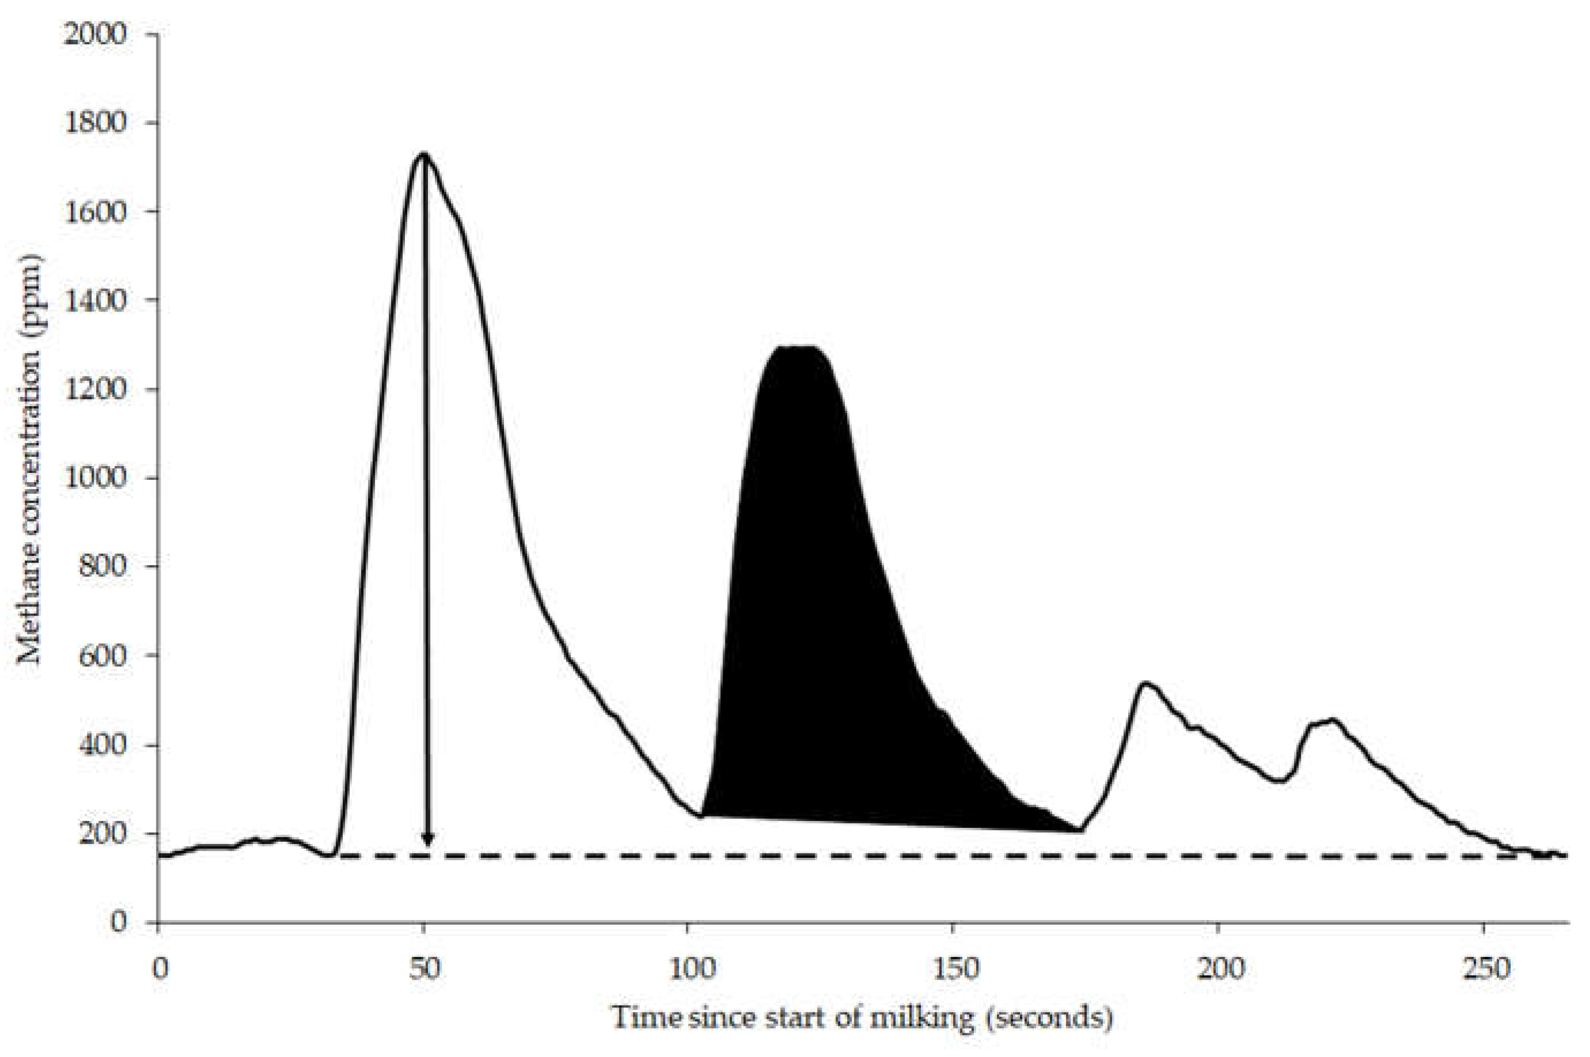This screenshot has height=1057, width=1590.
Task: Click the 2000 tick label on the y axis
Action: pyautogui.click(x=95, y=34)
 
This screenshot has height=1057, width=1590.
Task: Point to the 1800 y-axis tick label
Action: pyautogui.click(x=95, y=123)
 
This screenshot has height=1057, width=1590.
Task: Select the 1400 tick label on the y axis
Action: pyautogui.click(x=95, y=301)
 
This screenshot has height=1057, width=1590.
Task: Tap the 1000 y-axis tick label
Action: pyautogui.click(x=95, y=478)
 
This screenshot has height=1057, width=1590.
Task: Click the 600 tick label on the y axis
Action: pyautogui.click(x=102, y=655)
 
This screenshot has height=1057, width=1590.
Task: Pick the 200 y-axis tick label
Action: pyautogui.click(x=102, y=834)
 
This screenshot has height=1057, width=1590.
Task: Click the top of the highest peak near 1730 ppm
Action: pyautogui.click(x=424, y=154)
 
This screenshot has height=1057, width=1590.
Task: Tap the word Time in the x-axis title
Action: pyautogui.click(x=646, y=1017)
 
